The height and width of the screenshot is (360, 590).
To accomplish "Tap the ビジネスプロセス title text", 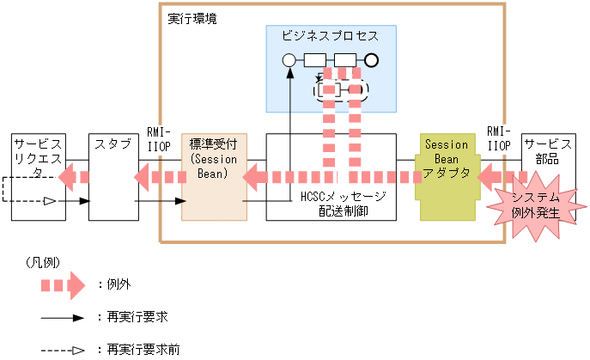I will (x=329, y=36).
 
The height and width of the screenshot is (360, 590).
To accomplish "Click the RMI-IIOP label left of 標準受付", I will (x=160, y=141).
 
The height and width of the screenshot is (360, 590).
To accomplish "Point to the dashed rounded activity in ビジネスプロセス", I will (x=341, y=89).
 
